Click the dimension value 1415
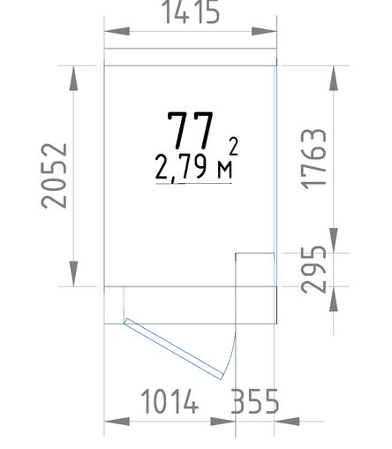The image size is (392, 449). coord(192,11)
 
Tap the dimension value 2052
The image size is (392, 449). coord(54,176)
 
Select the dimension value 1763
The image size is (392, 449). coord(314,159)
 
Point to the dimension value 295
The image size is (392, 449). coord(314,270)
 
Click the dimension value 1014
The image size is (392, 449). coord(170,401)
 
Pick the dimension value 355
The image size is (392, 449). coord(255,401)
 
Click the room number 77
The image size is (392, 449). coord(190,130)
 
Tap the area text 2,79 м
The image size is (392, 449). coord(193,167)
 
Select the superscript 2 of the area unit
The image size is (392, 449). coord(234,146)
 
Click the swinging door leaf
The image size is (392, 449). coord(174,349)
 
